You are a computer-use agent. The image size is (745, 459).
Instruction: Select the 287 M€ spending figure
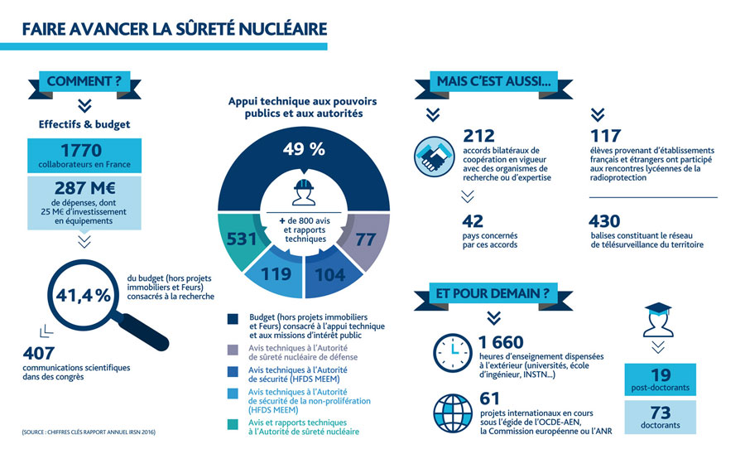(x=83, y=188)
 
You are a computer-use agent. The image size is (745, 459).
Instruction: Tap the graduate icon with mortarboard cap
(x=661, y=317)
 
